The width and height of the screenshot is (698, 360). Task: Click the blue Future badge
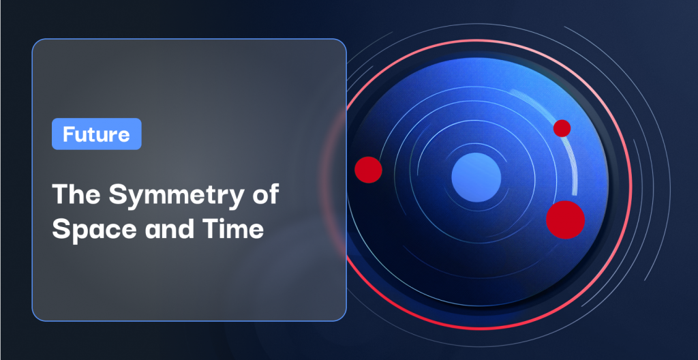click(97, 134)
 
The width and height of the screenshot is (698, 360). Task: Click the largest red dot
click(565, 220)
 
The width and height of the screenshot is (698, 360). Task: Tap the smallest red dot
click(562, 128)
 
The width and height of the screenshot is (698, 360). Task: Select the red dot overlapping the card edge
click(368, 170)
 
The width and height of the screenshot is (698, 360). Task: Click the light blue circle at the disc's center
click(476, 177)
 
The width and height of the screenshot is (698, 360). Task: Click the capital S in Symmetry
click(118, 194)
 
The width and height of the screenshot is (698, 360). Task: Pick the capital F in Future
click(69, 134)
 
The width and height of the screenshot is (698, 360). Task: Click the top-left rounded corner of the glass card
click(36, 43)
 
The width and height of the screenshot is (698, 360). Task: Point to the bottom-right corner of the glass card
click(342, 317)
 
